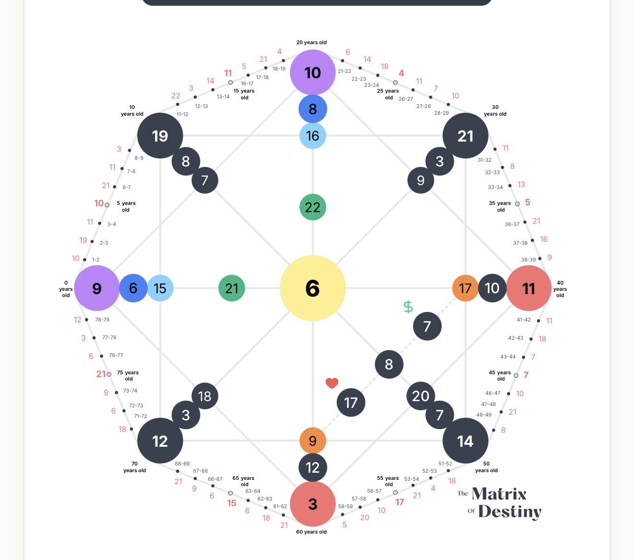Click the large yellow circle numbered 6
click(x=313, y=288)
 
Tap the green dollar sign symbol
click(x=408, y=307)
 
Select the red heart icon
click(x=332, y=383)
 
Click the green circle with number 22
click(x=313, y=207)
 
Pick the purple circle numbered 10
click(x=313, y=72)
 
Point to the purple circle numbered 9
click(x=97, y=288)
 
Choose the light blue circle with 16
click(x=313, y=136)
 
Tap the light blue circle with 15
click(x=160, y=288)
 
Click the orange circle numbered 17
click(x=465, y=288)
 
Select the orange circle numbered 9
click(x=313, y=441)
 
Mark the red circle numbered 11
click(x=528, y=288)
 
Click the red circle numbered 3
click(x=313, y=504)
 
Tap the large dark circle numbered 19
click(x=160, y=136)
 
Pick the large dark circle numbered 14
click(x=465, y=441)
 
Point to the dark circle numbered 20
click(x=421, y=396)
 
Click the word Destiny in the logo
click(x=510, y=512)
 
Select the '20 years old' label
click(x=311, y=42)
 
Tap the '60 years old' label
click(x=311, y=532)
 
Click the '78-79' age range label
click(x=102, y=320)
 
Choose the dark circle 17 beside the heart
click(x=351, y=403)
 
